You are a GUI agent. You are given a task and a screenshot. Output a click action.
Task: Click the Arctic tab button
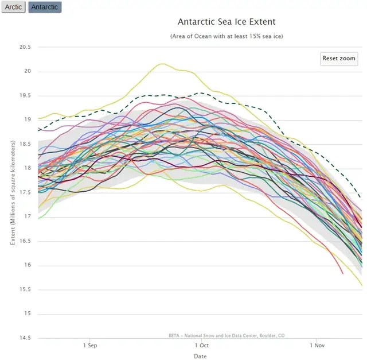coord(13,7)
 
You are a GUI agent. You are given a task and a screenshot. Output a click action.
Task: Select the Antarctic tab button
coord(45,7)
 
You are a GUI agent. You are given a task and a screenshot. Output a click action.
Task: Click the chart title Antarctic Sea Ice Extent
coord(227,22)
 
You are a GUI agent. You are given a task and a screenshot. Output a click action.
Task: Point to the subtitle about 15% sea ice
coord(227,36)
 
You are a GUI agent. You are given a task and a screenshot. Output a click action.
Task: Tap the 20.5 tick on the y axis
coord(24,48)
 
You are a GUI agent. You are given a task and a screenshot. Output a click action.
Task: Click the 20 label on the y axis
coord(27,72)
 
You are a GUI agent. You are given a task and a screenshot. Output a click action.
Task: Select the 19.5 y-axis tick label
coord(24,96)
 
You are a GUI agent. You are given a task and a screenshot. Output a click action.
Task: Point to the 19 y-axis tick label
coord(27,120)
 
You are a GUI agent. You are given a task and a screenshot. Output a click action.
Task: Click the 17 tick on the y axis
coord(27,217)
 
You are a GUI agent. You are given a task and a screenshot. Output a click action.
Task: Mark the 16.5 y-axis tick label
coord(24,241)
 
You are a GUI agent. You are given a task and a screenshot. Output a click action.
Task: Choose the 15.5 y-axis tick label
coord(24,289)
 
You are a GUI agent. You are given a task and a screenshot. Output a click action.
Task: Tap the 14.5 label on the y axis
coord(24,338)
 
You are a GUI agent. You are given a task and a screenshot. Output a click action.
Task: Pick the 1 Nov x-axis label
coord(317,346)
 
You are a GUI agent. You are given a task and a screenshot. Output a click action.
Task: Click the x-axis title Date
coord(200,356)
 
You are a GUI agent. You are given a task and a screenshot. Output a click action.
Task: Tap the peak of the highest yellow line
coord(162,64)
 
